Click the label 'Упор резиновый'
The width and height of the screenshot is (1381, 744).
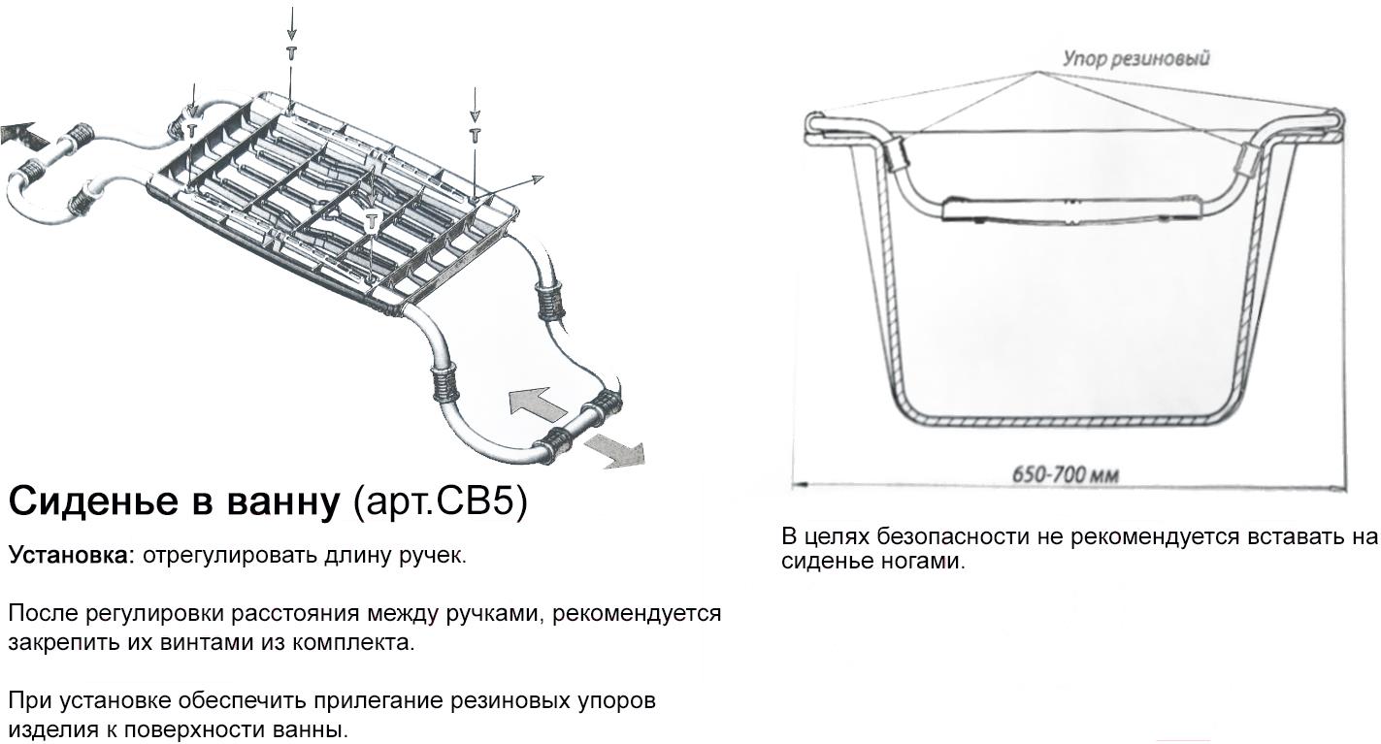1135,59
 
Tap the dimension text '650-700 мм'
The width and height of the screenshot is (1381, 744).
1066,474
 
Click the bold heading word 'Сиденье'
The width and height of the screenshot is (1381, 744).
93,501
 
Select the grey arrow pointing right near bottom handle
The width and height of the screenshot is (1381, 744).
614,451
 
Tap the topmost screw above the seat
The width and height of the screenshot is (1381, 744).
291,53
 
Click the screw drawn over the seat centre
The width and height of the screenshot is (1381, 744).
372,221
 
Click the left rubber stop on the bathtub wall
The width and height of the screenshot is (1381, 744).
897,153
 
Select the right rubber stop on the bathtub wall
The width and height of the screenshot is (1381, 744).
1247,156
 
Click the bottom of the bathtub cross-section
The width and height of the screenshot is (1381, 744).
1066,422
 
